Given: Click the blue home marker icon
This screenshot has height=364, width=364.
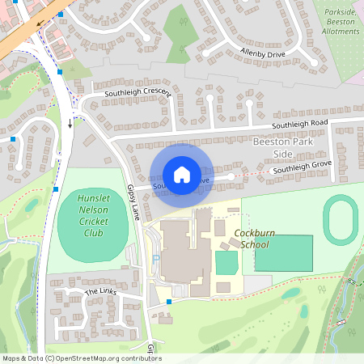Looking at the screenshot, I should tap(181, 174).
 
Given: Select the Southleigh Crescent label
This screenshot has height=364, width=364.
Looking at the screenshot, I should tap(137, 94).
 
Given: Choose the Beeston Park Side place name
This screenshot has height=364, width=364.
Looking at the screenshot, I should tap(283, 147).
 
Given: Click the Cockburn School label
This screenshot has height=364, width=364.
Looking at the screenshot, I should tap(254, 238).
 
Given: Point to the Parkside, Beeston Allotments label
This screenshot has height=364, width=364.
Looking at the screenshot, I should tap(340, 21).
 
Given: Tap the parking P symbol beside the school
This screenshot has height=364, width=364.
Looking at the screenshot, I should tap(154, 259).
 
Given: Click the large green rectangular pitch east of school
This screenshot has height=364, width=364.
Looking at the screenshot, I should tap(283, 253).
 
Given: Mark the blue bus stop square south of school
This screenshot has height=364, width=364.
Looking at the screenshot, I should tap(168, 302).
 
